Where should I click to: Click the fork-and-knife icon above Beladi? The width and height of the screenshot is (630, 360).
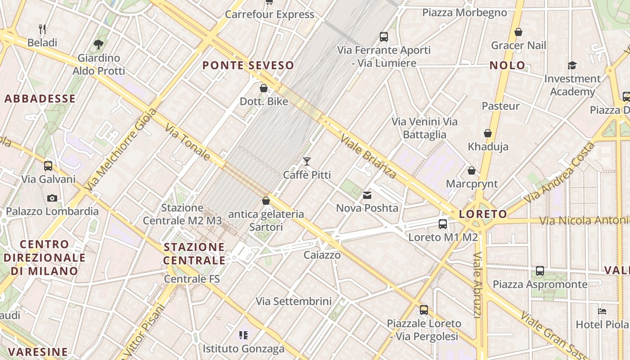(x=43, y=29)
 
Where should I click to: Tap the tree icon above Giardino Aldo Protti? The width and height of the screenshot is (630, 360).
(x=99, y=44)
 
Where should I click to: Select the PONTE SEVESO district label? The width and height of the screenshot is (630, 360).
(x=248, y=65)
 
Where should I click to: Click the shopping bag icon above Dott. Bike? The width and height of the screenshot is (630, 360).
(x=264, y=88)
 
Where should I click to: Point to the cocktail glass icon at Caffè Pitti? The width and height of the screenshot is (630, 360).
(x=307, y=161)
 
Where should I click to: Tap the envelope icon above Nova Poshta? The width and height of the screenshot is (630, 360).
(x=367, y=195)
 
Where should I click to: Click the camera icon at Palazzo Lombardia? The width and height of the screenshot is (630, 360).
(x=52, y=198)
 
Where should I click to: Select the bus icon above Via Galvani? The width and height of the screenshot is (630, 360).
(x=48, y=166)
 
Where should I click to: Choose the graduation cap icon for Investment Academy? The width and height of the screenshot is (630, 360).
(x=572, y=66)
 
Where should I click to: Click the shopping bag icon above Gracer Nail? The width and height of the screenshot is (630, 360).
(x=518, y=32)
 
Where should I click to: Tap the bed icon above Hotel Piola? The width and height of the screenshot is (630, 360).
(x=602, y=311)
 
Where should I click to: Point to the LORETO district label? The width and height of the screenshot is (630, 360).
(x=483, y=214)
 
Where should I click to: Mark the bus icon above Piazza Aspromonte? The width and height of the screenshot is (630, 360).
(x=540, y=271)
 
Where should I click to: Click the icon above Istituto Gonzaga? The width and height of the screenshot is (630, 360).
(x=243, y=335)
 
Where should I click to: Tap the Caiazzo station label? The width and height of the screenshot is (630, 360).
(x=322, y=255)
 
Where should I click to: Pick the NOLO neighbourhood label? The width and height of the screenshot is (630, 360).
(x=507, y=65)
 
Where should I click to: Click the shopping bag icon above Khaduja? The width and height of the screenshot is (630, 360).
(x=488, y=133)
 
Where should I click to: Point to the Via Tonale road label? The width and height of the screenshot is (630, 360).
(x=187, y=142)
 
